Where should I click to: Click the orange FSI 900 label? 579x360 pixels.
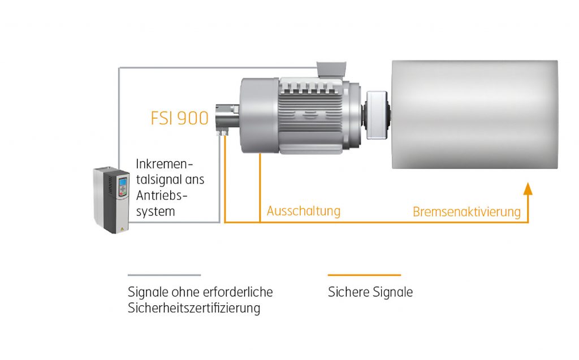coord(179,118)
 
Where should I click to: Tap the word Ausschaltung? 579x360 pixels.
coord(304,211)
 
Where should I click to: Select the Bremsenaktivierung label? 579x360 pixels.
coord(466,212)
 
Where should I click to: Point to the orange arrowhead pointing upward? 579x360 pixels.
coord(528,188)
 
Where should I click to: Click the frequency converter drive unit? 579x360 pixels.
coord(111,200)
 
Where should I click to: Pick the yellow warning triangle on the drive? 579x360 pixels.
coord(122,229)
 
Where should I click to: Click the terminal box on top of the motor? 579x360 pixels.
coord(332,70)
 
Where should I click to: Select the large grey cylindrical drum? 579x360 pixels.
coord(475,115)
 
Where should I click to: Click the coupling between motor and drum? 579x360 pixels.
coord(376,115)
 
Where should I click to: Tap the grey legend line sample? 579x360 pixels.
coord(165,275)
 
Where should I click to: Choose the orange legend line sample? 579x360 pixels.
coord(365,275)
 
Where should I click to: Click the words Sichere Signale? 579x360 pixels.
coord(370,292)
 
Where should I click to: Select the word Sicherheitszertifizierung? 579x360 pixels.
coord(194,308)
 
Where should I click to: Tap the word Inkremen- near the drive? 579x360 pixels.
coord(165,163)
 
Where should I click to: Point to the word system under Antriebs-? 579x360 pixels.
coord(155,212)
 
